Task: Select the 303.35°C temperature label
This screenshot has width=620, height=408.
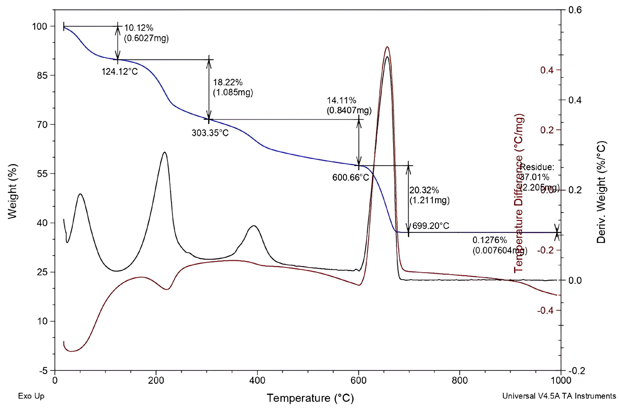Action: pyautogui.click(x=210, y=133)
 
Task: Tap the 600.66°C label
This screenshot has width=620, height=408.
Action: pyautogui.click(x=351, y=177)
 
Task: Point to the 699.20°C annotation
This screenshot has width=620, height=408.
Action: pyautogui.click(x=431, y=226)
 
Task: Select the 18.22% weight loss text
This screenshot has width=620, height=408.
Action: pyautogui.click(x=228, y=82)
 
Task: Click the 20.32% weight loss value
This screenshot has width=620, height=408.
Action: pyautogui.click(x=424, y=190)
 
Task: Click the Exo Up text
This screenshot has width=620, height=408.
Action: pyautogui.click(x=31, y=396)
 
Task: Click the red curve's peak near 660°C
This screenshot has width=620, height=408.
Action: pyautogui.click(x=387, y=47)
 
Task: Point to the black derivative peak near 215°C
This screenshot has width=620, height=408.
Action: pyautogui.click(x=164, y=152)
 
